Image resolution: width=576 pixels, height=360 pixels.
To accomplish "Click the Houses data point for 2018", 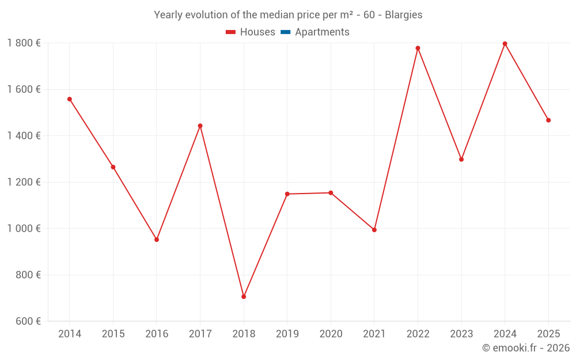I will pyautogui.click(x=244, y=297).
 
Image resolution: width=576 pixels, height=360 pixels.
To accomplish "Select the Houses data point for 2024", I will pyautogui.click(x=505, y=44).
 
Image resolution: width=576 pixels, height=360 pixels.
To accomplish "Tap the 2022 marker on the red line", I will pyautogui.click(x=418, y=48).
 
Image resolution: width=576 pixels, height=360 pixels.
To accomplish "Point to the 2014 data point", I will pyautogui.click(x=70, y=99).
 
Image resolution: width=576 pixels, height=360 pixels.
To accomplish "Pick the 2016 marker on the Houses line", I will pyautogui.click(x=157, y=240).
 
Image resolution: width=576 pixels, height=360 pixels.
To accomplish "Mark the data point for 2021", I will pyautogui.click(x=374, y=230).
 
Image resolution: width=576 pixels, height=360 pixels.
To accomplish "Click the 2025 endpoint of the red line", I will pyautogui.click(x=548, y=120).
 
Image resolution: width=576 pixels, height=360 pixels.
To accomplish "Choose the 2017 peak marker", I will pyautogui.click(x=200, y=126).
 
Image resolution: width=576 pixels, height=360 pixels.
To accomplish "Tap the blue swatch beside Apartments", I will pyautogui.click(x=285, y=32).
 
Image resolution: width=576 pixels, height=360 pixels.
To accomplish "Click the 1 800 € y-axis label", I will pyautogui.click(x=24, y=43).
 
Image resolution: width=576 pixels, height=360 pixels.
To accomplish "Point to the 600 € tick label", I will pyautogui.click(x=28, y=321).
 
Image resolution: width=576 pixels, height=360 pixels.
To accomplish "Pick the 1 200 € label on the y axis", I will pyautogui.click(x=24, y=182).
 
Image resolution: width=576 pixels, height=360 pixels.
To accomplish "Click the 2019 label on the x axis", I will pyautogui.click(x=287, y=334).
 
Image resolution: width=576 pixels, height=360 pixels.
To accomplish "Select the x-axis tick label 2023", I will pyautogui.click(x=461, y=334).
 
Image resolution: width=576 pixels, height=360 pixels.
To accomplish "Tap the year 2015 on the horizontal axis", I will pyautogui.click(x=113, y=334).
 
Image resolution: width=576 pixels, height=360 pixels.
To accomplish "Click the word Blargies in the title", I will pyautogui.click(x=403, y=15).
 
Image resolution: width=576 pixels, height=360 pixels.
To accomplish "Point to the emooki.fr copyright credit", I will pyautogui.click(x=526, y=348).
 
